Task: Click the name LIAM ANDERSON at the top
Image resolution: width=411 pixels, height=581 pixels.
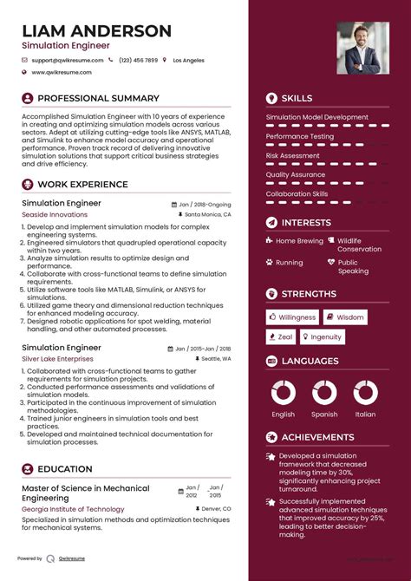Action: pyautogui.click(x=96, y=31)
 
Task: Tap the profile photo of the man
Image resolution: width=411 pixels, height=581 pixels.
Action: pyautogui.click(x=362, y=48)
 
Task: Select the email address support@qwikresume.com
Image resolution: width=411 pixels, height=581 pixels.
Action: pyautogui.click(x=68, y=60)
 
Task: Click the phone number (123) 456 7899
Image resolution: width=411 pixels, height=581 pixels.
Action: pyautogui.click(x=139, y=60)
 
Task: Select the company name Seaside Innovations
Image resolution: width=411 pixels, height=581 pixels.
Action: pyautogui.click(x=55, y=214)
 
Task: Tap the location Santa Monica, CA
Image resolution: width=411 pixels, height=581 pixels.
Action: pyautogui.click(x=208, y=214)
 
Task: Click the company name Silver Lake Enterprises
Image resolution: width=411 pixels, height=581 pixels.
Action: pyautogui.click(x=57, y=358)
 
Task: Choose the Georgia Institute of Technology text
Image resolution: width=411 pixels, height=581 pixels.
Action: pyautogui.click(x=73, y=509)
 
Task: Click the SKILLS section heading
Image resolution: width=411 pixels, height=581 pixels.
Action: pyautogui.click(x=297, y=98)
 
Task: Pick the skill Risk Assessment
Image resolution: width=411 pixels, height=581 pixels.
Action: pyautogui.click(x=293, y=155)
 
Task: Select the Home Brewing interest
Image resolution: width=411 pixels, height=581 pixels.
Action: pyautogui.click(x=299, y=240)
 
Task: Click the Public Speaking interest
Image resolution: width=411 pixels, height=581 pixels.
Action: pyautogui.click(x=353, y=266)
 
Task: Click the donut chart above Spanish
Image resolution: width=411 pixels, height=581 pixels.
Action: pyautogui.click(x=324, y=393)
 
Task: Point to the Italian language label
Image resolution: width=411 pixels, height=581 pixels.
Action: pyautogui.click(x=366, y=415)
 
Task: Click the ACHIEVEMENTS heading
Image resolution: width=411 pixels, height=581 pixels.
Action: pyautogui.click(x=316, y=437)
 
